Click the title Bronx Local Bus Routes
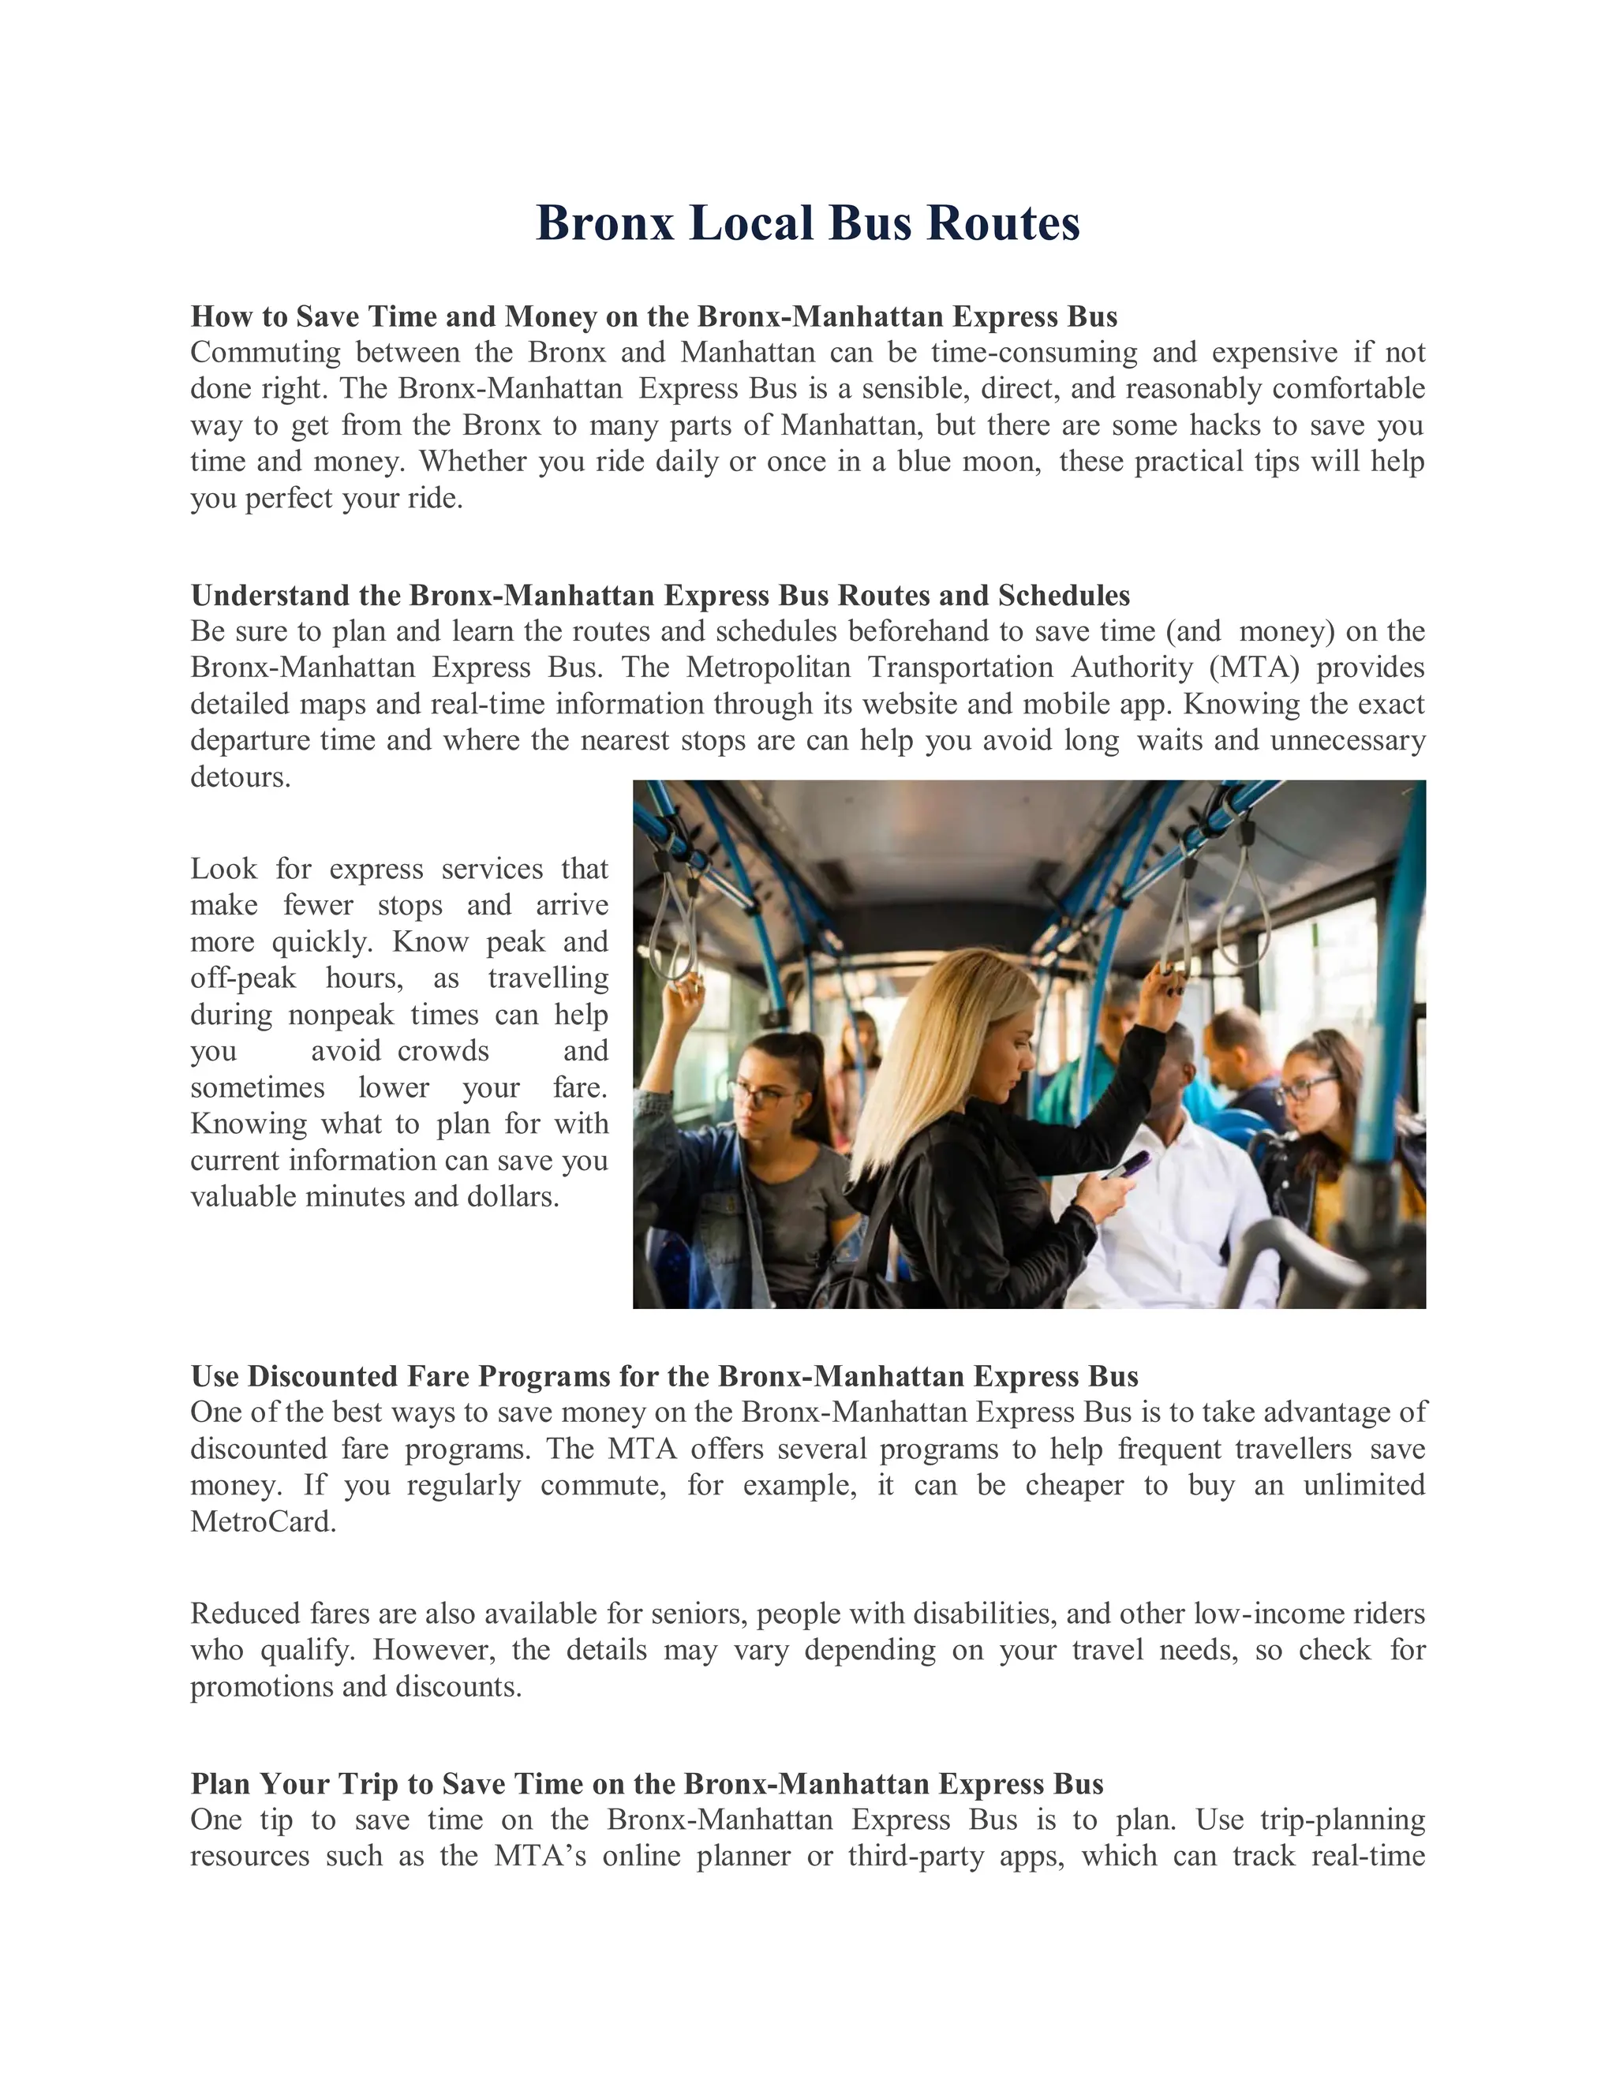pos(807,223)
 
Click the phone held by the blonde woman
pos(1127,1165)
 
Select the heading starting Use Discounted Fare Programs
pos(664,1376)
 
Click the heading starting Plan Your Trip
pos(646,1784)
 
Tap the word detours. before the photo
pos(239,776)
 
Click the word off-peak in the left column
pos(242,978)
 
